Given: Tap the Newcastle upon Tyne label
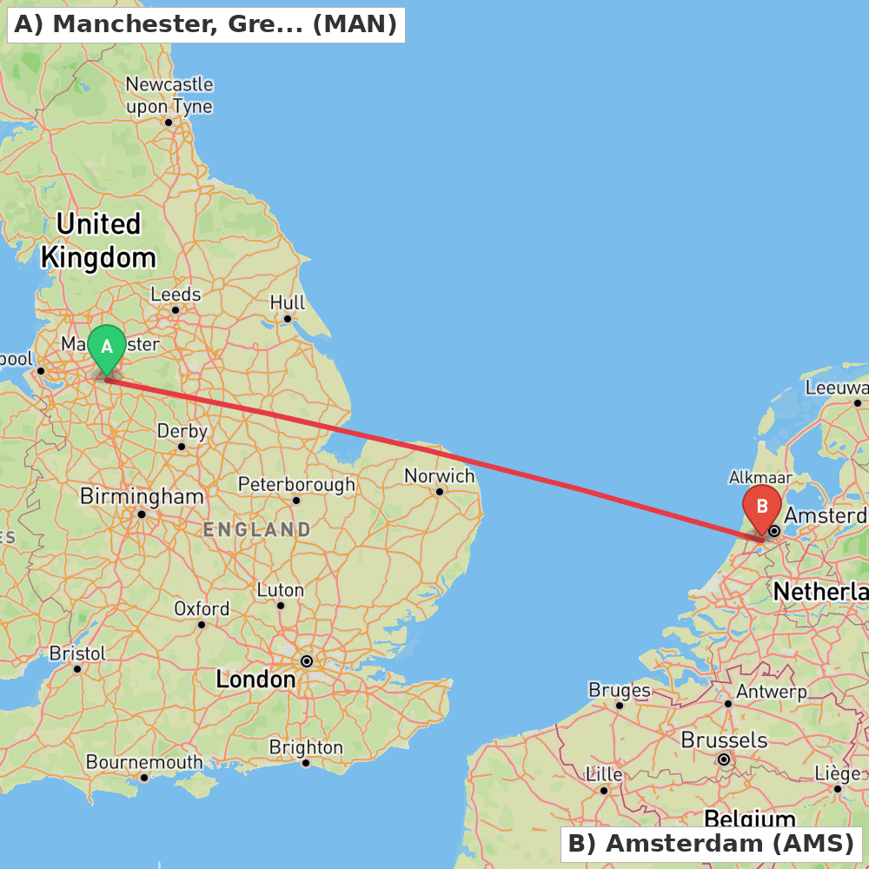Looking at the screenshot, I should [x=169, y=96].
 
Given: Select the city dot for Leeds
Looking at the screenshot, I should [x=175, y=310].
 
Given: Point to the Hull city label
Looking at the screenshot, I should [x=288, y=302].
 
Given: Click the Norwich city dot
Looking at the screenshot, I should [x=440, y=492].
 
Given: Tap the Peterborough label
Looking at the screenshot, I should [x=296, y=484].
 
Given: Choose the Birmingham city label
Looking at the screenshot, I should [x=142, y=496].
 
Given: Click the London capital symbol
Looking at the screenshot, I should [x=306, y=661].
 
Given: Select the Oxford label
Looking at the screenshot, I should [x=202, y=608].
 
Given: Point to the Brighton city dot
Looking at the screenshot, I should [x=306, y=763].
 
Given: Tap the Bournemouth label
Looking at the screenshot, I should [x=144, y=762].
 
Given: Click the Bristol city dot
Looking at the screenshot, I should [x=77, y=668].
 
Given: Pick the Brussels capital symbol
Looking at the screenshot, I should [x=723, y=760].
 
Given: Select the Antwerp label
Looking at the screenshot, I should [x=771, y=693].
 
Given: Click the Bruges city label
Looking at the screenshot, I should [x=620, y=690].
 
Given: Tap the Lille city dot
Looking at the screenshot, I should [x=604, y=790].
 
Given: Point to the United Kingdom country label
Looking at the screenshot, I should [x=98, y=241].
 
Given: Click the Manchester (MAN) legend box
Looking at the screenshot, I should [x=206, y=24].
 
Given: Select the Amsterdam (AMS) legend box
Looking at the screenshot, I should [x=710, y=843].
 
